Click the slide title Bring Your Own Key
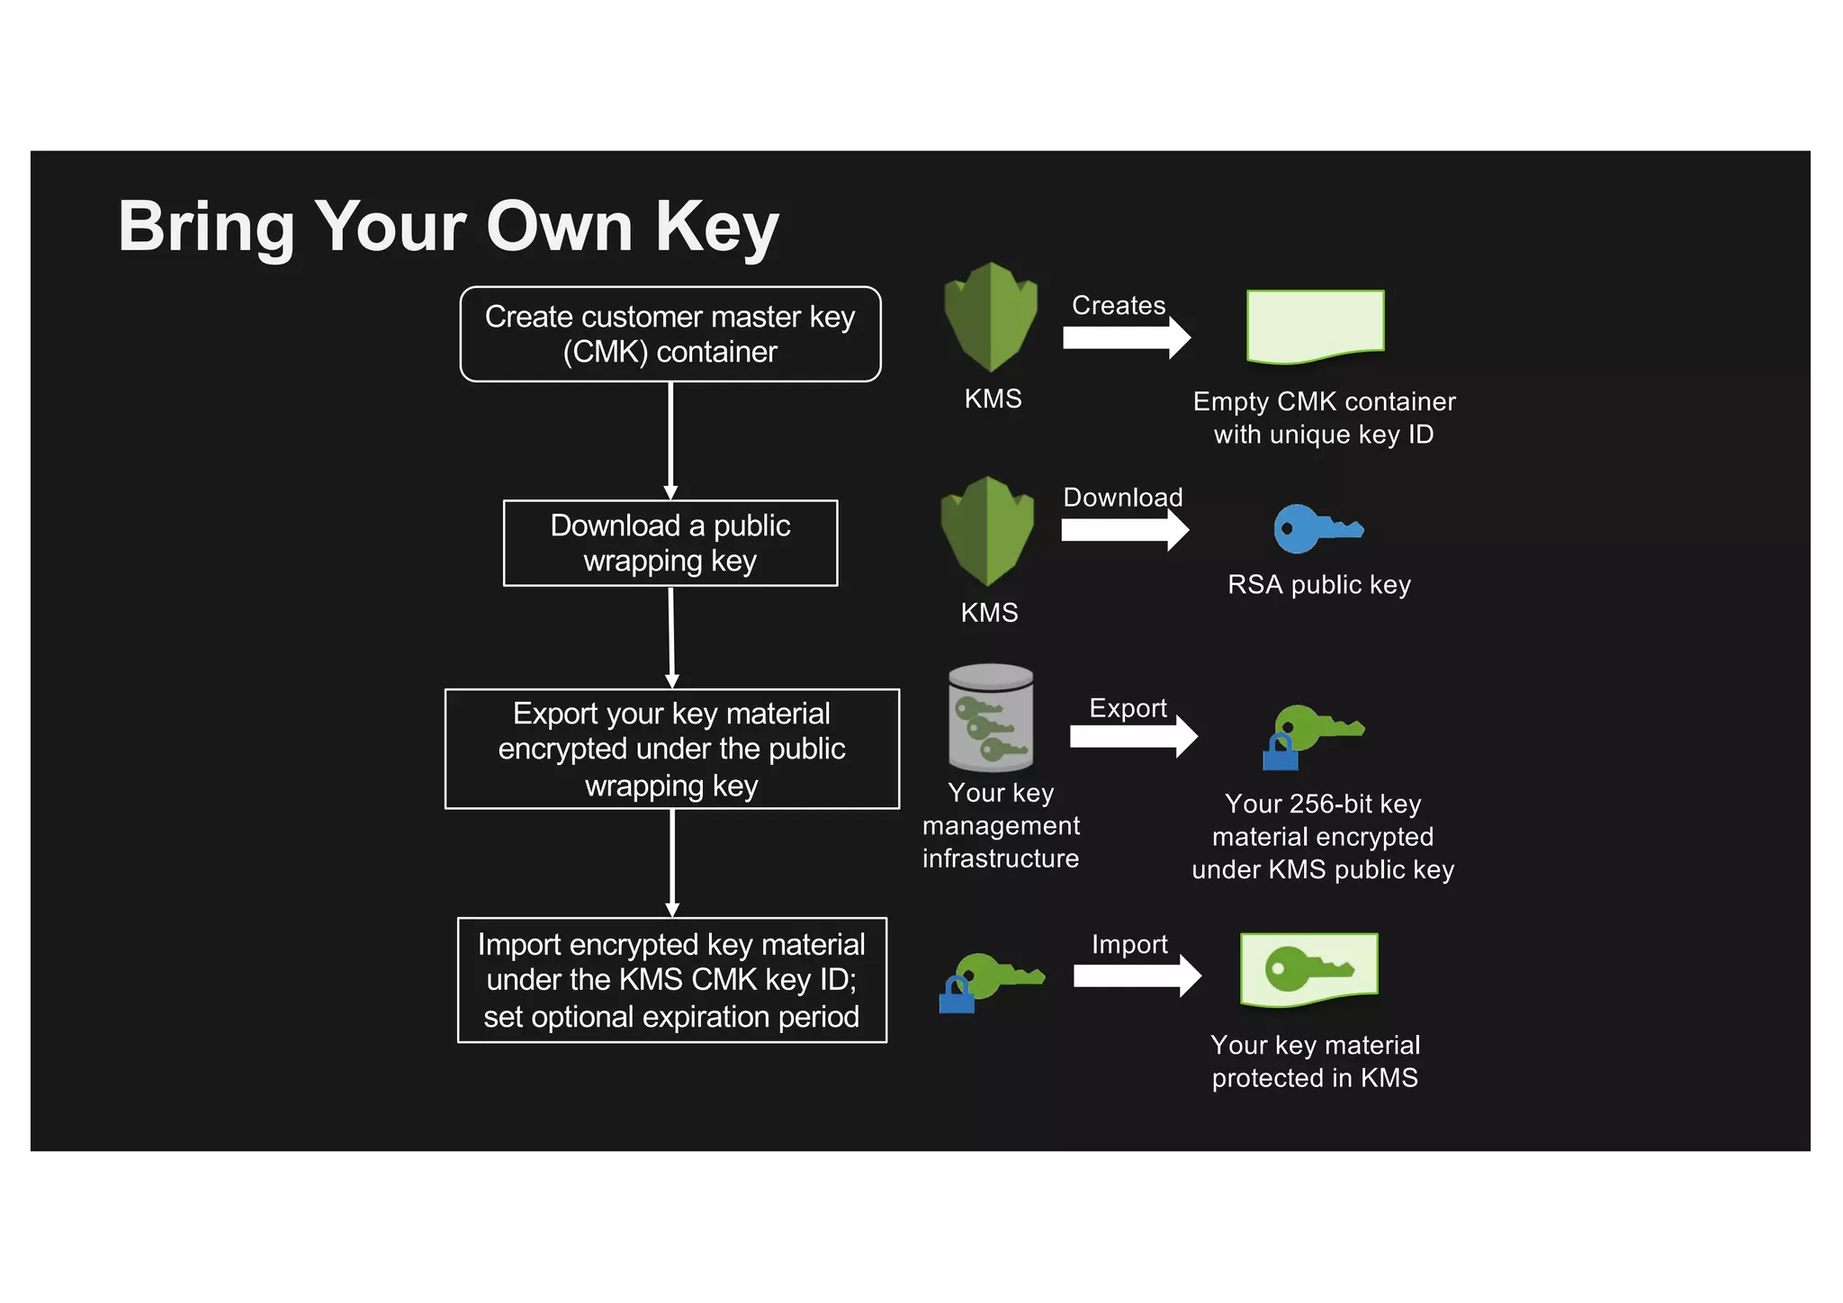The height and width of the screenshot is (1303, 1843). click(448, 227)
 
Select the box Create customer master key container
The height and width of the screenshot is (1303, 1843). click(670, 334)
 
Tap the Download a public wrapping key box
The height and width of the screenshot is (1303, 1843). click(670, 543)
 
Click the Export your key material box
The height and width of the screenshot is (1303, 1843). click(671, 749)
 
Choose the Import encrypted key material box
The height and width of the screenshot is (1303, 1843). click(671, 980)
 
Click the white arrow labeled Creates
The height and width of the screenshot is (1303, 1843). click(1126, 338)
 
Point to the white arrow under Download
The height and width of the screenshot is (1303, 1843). click(1124, 530)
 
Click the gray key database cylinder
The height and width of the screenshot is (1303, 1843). click(991, 718)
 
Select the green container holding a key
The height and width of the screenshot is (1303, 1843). click(1308, 970)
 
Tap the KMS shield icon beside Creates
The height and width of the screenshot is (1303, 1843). click(991, 317)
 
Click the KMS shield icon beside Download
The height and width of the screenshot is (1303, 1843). click(987, 531)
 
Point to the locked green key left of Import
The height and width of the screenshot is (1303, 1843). click(990, 981)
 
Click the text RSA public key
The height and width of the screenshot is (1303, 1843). click(1318, 585)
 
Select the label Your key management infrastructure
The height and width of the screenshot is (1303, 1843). click(1001, 825)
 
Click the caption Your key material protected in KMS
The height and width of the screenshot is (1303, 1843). click(1315, 1061)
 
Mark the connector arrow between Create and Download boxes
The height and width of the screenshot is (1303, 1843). click(670, 440)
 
